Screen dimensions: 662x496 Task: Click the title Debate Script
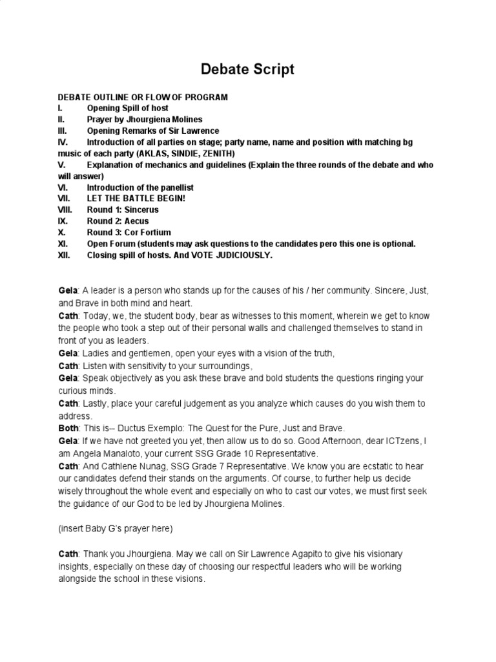(247, 69)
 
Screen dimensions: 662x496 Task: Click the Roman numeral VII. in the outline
(64, 198)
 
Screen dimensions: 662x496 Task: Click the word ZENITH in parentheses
(216, 153)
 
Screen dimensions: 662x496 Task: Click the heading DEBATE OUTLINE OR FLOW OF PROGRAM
(143, 97)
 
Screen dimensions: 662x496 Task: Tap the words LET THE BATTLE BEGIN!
(136, 198)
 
